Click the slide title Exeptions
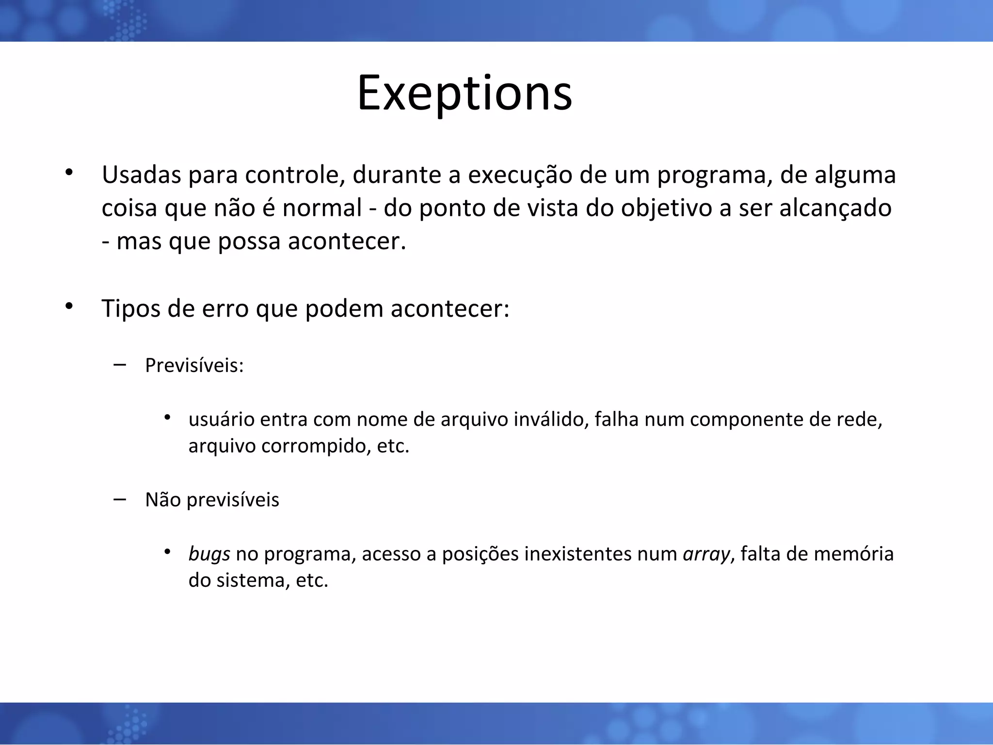pos(464,93)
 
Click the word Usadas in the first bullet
pos(141,175)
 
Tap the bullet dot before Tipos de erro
pos(69,306)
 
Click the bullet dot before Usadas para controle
pos(69,172)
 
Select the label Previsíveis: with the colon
pos(194,365)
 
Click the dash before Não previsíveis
pos(119,499)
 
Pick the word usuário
pos(221,420)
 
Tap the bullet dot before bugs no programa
pos(167,551)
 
